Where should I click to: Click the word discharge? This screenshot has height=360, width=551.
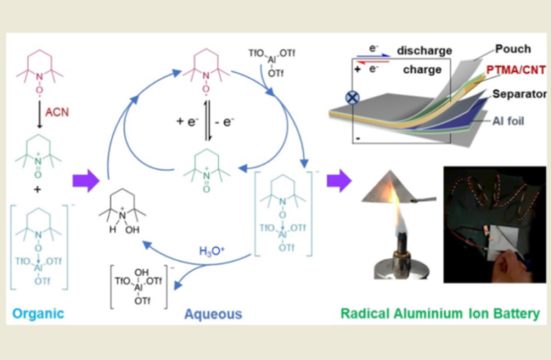tap(424, 51)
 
